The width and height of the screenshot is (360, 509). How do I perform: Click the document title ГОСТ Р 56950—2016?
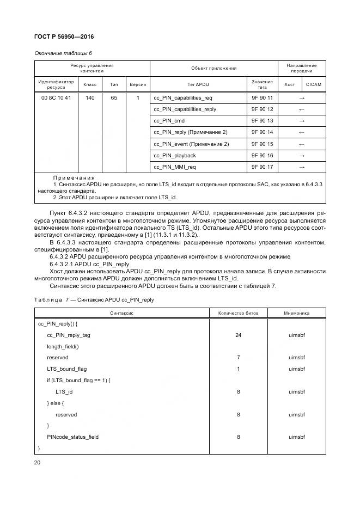click(64, 36)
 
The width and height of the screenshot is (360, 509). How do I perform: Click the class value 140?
click(89, 98)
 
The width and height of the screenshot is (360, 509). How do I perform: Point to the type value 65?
click(114, 98)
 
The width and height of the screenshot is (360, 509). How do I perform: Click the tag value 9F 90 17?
click(262, 167)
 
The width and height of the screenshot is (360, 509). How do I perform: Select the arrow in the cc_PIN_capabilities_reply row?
click(302, 109)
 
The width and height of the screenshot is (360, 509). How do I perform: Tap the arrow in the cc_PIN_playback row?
click(302, 156)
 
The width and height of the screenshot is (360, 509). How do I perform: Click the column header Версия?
click(138, 84)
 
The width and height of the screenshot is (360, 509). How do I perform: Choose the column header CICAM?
click(314, 84)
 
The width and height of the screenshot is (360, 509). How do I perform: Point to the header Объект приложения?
click(213, 68)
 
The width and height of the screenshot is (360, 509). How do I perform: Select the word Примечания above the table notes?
click(74, 178)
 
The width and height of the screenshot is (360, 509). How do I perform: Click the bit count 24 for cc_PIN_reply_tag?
click(238, 335)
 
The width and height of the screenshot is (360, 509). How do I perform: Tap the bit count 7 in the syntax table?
click(238, 358)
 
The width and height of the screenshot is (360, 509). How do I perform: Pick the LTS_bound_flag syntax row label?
click(66, 369)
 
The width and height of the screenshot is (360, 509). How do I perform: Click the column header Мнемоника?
click(296, 314)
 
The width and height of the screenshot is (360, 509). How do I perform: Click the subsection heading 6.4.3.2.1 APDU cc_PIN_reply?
click(89, 264)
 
